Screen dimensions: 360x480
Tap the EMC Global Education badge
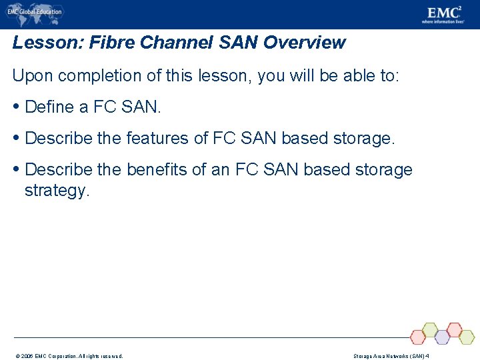(35, 11)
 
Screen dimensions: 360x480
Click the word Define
(49, 107)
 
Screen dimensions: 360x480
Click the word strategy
(56, 191)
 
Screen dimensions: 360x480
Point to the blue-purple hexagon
(441, 337)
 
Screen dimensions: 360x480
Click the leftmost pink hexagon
(418, 337)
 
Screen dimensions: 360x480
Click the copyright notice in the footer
(69, 356)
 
